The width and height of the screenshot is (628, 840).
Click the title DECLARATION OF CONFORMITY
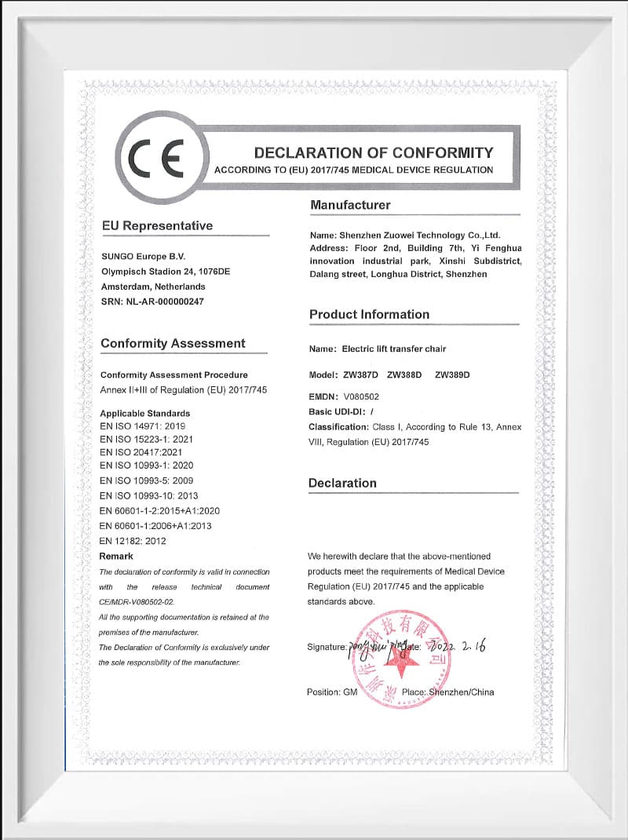374,152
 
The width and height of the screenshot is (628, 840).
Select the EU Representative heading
157,225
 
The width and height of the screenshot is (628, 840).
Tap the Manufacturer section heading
350,205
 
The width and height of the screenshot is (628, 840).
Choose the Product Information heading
369,314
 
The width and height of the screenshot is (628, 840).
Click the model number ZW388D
404,374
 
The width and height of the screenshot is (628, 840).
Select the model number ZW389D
452,374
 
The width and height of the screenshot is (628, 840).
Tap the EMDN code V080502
361,396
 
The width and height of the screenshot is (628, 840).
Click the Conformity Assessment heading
173,343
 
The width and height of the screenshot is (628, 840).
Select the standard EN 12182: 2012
133,541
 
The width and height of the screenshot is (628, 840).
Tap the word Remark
116,556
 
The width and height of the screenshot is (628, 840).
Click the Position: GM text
332,692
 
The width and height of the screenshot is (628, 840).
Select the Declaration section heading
342,483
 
